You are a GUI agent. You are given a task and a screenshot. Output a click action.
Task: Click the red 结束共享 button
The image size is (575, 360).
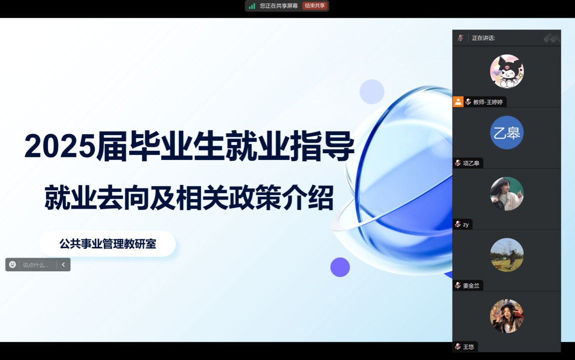pyautogui.click(x=315, y=5)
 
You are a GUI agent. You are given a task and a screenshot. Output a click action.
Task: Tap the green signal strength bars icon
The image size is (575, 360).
pyautogui.click(x=252, y=6)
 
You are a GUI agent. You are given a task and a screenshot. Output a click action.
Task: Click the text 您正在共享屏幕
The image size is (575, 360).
pyautogui.click(x=278, y=5)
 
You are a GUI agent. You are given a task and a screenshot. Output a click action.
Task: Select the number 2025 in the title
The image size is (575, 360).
pyautogui.click(x=60, y=146)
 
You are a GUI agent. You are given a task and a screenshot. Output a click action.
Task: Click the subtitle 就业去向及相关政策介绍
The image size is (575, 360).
pyautogui.click(x=189, y=197)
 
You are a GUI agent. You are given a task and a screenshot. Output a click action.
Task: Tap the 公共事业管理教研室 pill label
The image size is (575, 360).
pyautogui.click(x=108, y=244)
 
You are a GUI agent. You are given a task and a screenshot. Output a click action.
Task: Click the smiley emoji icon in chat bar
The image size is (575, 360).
pyautogui.click(x=12, y=265)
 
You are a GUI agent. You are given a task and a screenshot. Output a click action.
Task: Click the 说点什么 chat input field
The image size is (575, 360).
pyautogui.click(x=38, y=265)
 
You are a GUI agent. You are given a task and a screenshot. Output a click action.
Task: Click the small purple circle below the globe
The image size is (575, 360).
pyautogui.click(x=340, y=267)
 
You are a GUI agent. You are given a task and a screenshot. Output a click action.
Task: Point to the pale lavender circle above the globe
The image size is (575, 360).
pyautogui.click(x=372, y=92)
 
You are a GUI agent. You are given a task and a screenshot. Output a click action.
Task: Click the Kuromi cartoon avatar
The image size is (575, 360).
pyautogui.click(x=507, y=71)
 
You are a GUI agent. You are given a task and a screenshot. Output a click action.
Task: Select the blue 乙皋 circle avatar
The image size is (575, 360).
pyautogui.click(x=507, y=133)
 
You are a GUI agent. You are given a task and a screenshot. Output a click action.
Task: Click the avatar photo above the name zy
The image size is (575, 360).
pyautogui.click(x=507, y=194)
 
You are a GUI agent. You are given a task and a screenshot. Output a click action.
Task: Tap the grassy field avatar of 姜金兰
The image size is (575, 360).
pyautogui.click(x=507, y=255)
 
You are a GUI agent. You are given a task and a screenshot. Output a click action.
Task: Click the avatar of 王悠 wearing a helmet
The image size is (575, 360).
pyautogui.click(x=507, y=316)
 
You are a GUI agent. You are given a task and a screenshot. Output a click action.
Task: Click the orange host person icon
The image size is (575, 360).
pyautogui.click(x=458, y=102)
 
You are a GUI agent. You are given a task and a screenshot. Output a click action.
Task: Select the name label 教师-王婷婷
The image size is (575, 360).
pyautogui.click(x=488, y=102)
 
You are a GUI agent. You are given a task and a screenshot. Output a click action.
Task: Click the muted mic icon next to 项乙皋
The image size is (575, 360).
pyautogui.click(x=458, y=163)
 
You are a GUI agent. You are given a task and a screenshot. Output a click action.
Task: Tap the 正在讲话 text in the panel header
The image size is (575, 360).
pyautogui.click(x=483, y=38)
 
